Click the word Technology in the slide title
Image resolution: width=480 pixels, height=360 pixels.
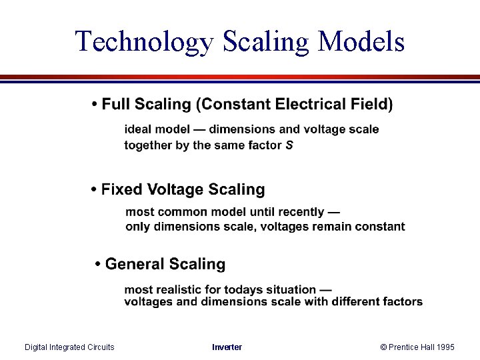coord(143,41)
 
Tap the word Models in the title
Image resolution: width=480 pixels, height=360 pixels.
coord(362,41)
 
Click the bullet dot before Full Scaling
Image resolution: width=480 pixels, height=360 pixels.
coord(95,105)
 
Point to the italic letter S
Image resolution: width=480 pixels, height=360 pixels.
coord(289,145)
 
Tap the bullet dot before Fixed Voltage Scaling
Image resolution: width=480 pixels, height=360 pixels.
coord(94,190)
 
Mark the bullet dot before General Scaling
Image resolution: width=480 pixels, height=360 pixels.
coord(99,265)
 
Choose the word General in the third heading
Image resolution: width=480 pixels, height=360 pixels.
coord(132,265)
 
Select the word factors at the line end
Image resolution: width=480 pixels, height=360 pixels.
coord(402,301)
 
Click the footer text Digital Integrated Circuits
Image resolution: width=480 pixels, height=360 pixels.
coord(69,347)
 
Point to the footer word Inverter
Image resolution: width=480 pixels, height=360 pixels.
coord(227,347)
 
